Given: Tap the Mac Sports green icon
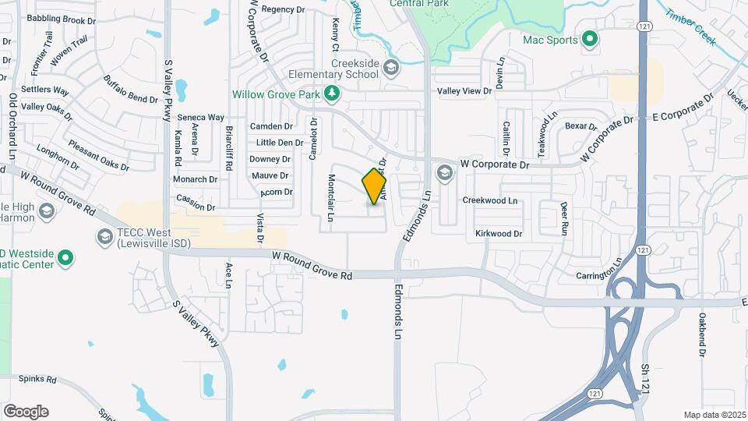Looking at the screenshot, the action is point(590,38).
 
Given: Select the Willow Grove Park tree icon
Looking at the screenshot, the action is point(333,94).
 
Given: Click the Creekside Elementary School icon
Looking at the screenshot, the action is point(391,71).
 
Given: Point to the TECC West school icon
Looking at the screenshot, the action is point(104,235).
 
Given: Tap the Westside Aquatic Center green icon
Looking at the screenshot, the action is point(66,256).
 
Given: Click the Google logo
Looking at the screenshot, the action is point(26,412).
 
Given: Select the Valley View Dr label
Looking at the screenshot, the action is point(465,90).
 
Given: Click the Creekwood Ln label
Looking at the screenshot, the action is point(490,200).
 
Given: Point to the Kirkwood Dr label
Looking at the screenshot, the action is point(499,233).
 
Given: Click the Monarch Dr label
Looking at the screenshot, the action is point(195,179).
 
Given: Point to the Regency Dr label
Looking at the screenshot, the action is point(283,9).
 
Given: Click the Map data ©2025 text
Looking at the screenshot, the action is point(714,415).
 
